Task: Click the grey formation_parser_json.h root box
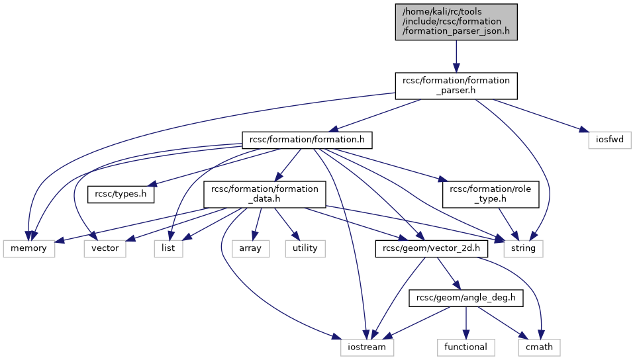point(456,22)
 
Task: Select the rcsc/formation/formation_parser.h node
point(456,85)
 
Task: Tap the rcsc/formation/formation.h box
point(307,140)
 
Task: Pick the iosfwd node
point(609,140)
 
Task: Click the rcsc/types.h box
point(121,195)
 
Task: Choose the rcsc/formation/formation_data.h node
point(264,195)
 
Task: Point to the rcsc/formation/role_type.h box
point(491,195)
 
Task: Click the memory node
point(28,249)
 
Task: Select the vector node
point(105,249)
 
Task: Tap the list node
point(168,249)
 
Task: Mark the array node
point(250,249)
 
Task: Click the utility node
point(305,249)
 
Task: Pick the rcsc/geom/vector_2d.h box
point(431,249)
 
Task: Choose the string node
point(523,249)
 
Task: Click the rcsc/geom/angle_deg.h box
point(465,298)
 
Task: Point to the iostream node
point(367,347)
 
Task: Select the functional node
point(465,347)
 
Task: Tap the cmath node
point(539,347)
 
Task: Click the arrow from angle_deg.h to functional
point(465,323)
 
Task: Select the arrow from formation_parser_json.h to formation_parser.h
point(456,56)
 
